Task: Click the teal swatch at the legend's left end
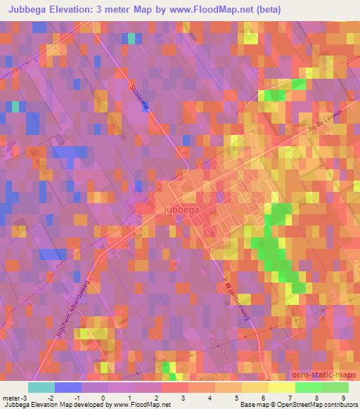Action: tap(41, 387)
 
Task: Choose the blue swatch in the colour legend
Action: tap(67, 387)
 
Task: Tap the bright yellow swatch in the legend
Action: tap(281, 387)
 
